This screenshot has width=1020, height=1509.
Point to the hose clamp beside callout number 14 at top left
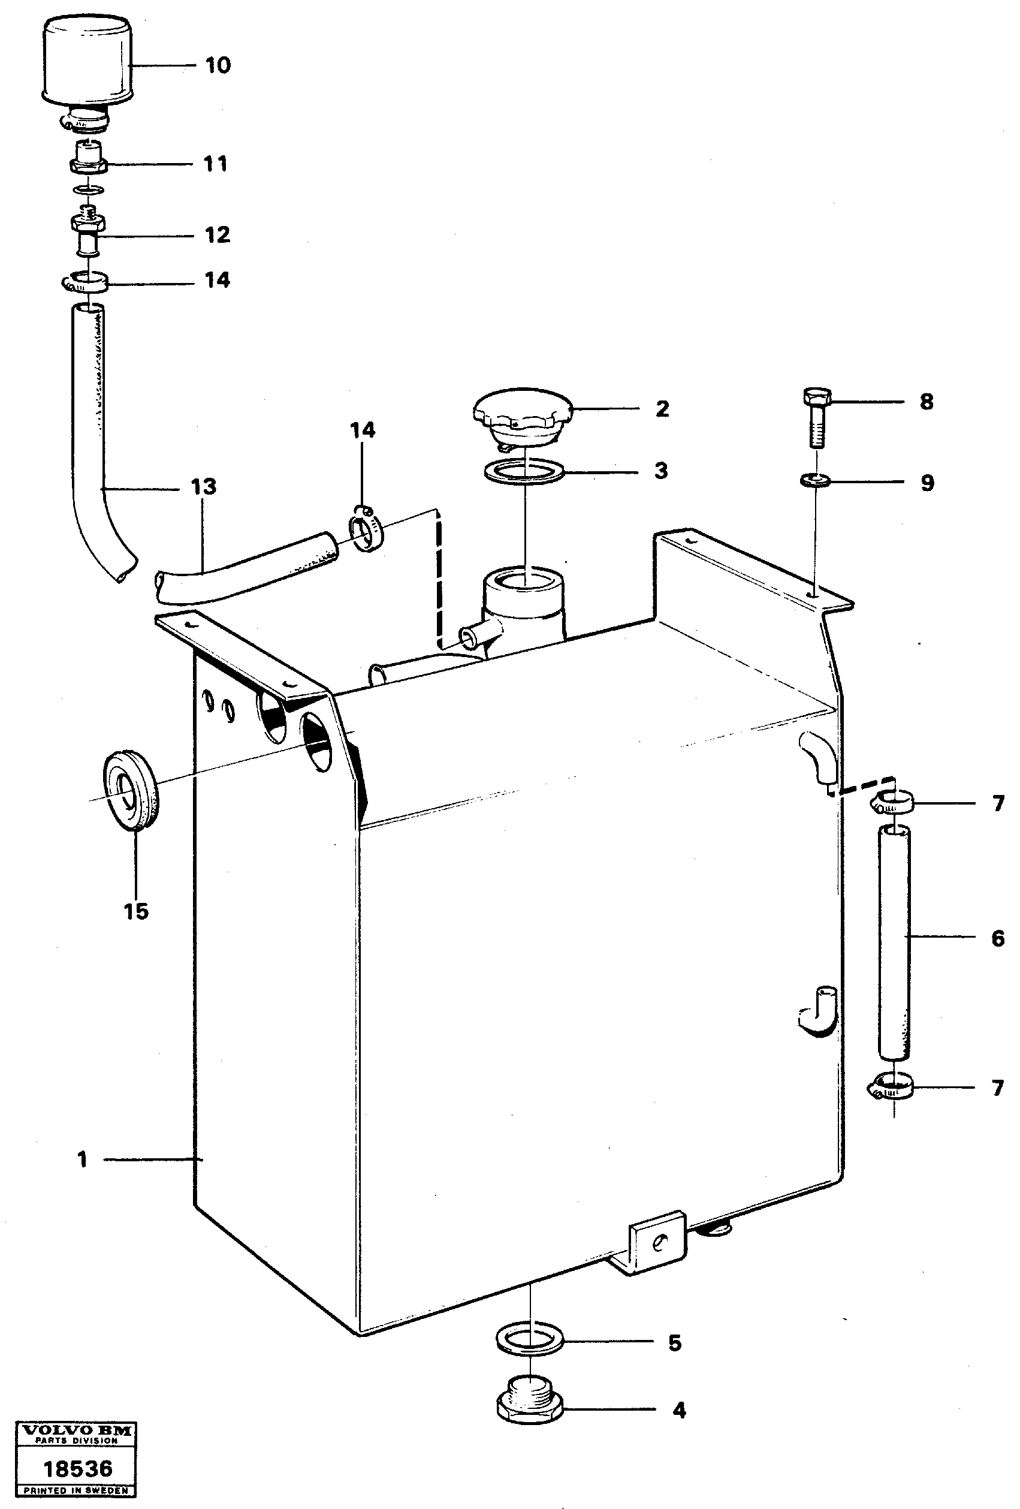point(86,282)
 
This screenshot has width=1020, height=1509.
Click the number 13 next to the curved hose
point(203,487)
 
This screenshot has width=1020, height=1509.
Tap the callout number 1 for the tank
point(82,1159)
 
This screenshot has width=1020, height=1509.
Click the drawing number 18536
point(77,1469)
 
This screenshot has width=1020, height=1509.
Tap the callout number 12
point(218,234)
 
